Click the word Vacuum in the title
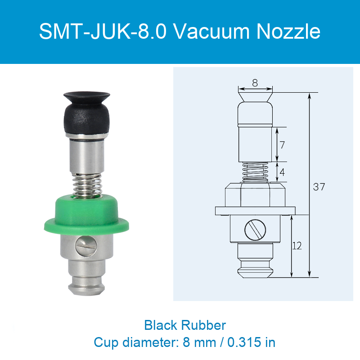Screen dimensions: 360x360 [x=211, y=31]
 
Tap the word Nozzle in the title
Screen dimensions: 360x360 [x=288, y=31]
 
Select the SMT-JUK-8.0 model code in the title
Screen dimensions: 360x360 [x=103, y=31]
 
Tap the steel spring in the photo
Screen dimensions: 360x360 [x=87, y=185]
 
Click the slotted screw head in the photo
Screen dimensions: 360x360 [x=86, y=245]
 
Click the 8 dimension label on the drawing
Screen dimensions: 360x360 [x=255, y=83]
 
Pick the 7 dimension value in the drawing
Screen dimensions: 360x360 [x=282, y=145]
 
